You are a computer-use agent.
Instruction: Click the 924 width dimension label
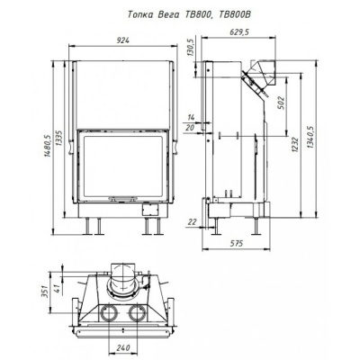[123, 40]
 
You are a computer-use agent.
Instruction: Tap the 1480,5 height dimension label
[47, 145]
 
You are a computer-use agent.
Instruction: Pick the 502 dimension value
[281, 103]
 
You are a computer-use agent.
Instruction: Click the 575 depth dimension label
[236, 244]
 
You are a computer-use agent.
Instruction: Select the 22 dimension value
[192, 222]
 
